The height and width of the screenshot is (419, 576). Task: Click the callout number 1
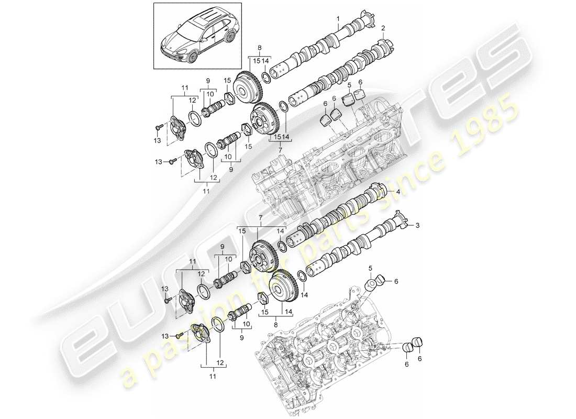click(x=339, y=18)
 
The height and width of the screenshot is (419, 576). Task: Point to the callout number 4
click(x=398, y=192)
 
